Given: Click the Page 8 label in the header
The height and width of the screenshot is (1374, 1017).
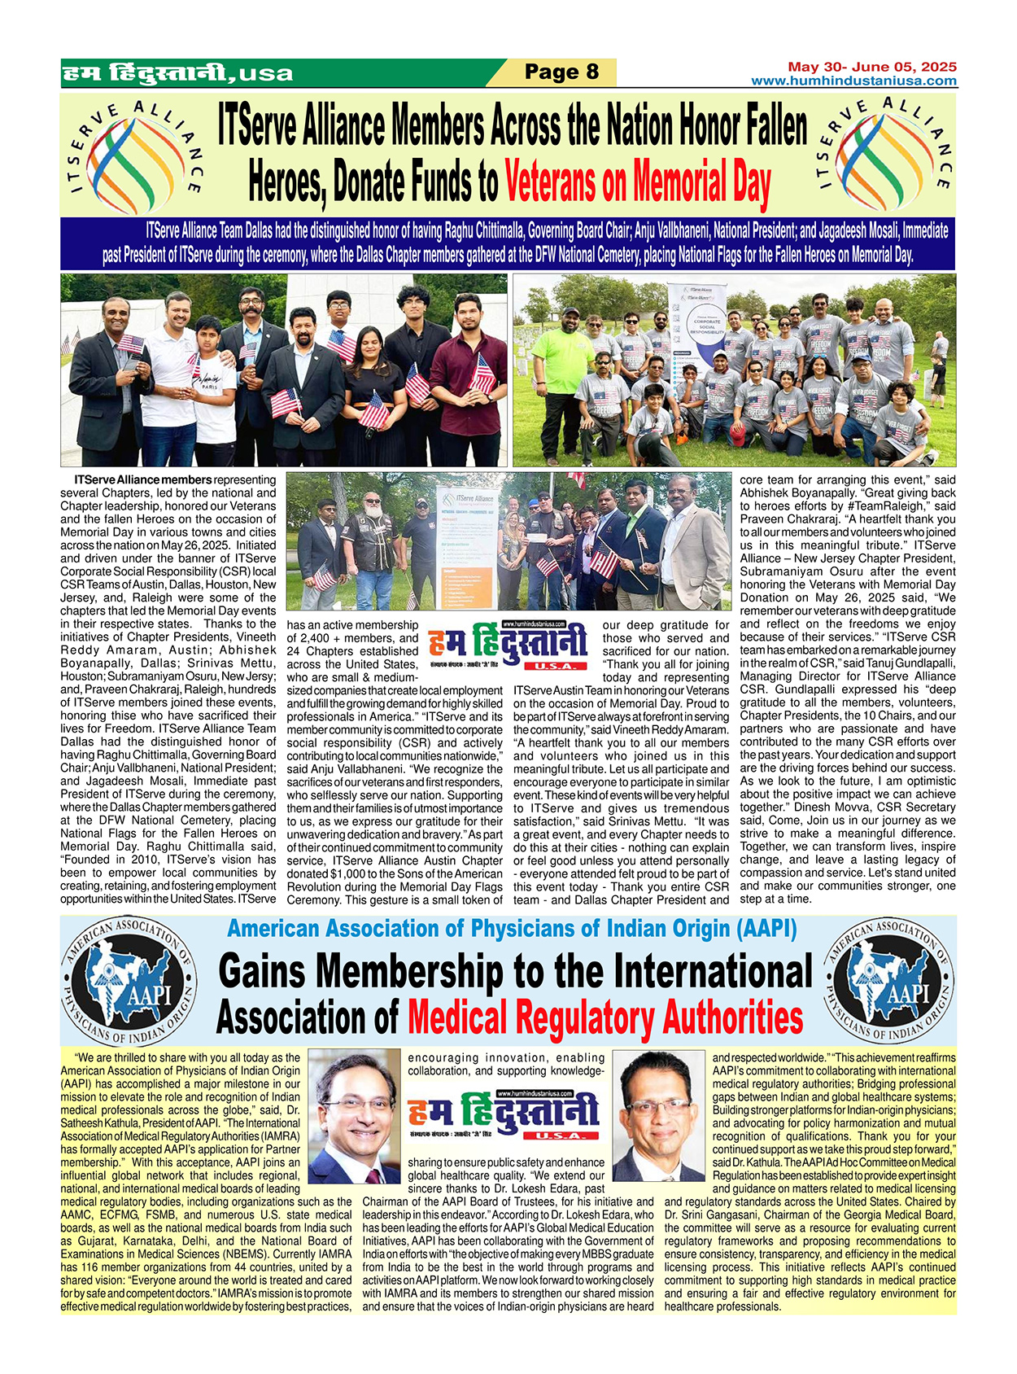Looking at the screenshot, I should click(x=561, y=72).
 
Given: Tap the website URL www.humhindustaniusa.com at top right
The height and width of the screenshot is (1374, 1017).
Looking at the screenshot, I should click(x=853, y=81).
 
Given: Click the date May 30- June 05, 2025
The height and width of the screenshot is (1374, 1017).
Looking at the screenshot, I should click(x=871, y=67).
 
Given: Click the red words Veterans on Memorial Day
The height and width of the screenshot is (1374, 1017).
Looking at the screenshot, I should click(x=637, y=183).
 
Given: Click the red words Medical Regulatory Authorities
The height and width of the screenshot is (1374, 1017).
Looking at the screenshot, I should click(x=605, y=1017).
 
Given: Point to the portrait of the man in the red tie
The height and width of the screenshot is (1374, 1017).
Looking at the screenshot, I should click(x=355, y=1115).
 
